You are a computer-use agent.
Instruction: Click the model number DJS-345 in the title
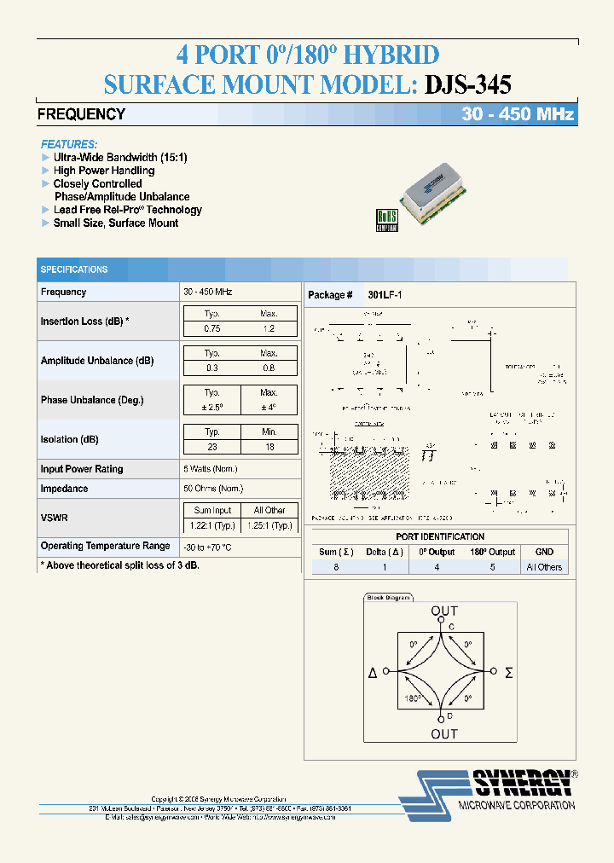click(466, 84)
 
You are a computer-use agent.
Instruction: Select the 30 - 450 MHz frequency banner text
click(518, 114)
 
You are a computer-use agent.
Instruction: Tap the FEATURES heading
click(69, 144)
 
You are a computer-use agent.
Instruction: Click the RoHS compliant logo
click(387, 219)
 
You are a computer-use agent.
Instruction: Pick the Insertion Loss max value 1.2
click(269, 328)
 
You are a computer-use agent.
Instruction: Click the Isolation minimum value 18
click(269, 447)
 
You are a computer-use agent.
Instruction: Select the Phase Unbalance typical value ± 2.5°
click(212, 407)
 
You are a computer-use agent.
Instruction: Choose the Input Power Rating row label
click(82, 469)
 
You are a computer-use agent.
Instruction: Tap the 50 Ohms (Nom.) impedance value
click(210, 489)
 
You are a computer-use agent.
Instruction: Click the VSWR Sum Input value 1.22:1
click(212, 524)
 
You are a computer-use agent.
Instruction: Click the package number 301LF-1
click(385, 295)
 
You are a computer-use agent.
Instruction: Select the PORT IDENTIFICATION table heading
click(440, 536)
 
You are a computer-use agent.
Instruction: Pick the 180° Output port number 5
click(491, 567)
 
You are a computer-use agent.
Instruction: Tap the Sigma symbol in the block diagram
click(509, 673)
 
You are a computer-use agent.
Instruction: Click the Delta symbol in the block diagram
click(373, 673)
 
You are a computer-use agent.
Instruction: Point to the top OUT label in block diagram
click(443, 611)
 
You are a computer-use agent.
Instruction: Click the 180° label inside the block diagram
click(413, 698)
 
